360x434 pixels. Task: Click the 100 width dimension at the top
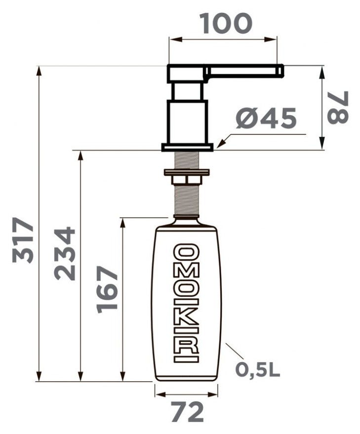(x=226, y=24)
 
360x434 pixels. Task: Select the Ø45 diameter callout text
(x=266, y=118)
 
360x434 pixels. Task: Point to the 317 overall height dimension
(x=23, y=240)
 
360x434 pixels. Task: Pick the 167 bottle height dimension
(x=108, y=289)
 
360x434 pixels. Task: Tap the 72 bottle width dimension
(x=187, y=412)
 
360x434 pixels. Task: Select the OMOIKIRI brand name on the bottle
(x=186, y=303)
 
